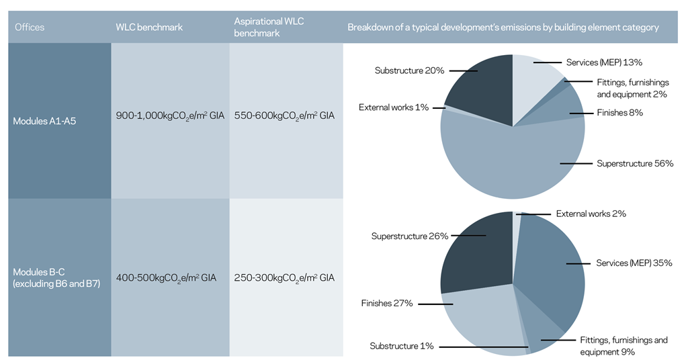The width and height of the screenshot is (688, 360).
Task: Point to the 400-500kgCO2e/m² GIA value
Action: pos(167,277)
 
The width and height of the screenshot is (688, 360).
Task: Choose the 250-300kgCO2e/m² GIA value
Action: pos(284,277)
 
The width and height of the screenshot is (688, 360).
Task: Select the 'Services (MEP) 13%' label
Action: pos(604,62)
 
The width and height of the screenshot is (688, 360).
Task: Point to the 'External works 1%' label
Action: pos(393,107)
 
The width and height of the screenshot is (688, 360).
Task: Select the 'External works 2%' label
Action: pos(591,214)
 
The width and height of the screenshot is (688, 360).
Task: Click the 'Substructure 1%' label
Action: pos(401,346)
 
